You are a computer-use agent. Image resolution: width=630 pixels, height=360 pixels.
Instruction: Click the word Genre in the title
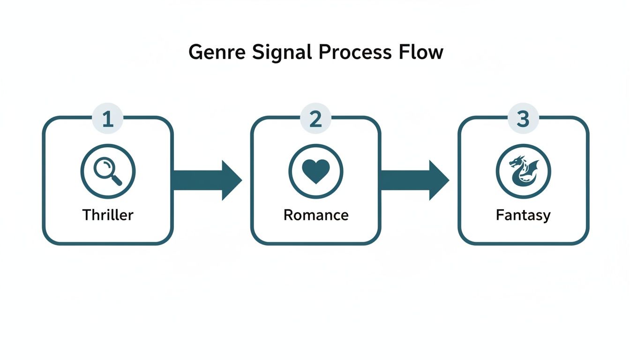coord(216,52)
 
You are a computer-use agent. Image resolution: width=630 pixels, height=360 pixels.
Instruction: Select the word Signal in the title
coord(282,52)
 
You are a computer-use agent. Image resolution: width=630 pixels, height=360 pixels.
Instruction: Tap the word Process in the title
coord(355,52)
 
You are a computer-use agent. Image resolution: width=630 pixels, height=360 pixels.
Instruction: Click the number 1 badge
coord(108,120)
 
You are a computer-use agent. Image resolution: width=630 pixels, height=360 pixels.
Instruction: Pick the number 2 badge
coord(315,120)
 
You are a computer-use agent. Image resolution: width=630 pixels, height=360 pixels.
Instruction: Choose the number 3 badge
coord(523,120)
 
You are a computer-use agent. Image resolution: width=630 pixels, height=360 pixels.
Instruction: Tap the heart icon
coord(315,171)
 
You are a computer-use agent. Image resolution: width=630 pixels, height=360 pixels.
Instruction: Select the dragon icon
coord(523,171)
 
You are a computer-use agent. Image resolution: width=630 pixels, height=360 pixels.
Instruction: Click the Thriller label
coord(108,215)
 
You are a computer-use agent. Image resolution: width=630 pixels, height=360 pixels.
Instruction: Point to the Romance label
coord(315,215)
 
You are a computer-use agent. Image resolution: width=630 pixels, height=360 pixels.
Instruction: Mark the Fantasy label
coord(523,215)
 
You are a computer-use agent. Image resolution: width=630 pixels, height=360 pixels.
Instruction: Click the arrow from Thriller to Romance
coord(206,180)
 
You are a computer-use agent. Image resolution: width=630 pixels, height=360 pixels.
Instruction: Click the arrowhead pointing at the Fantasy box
coord(438,180)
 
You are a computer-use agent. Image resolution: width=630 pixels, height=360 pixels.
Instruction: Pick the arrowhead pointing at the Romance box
coord(231,180)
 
